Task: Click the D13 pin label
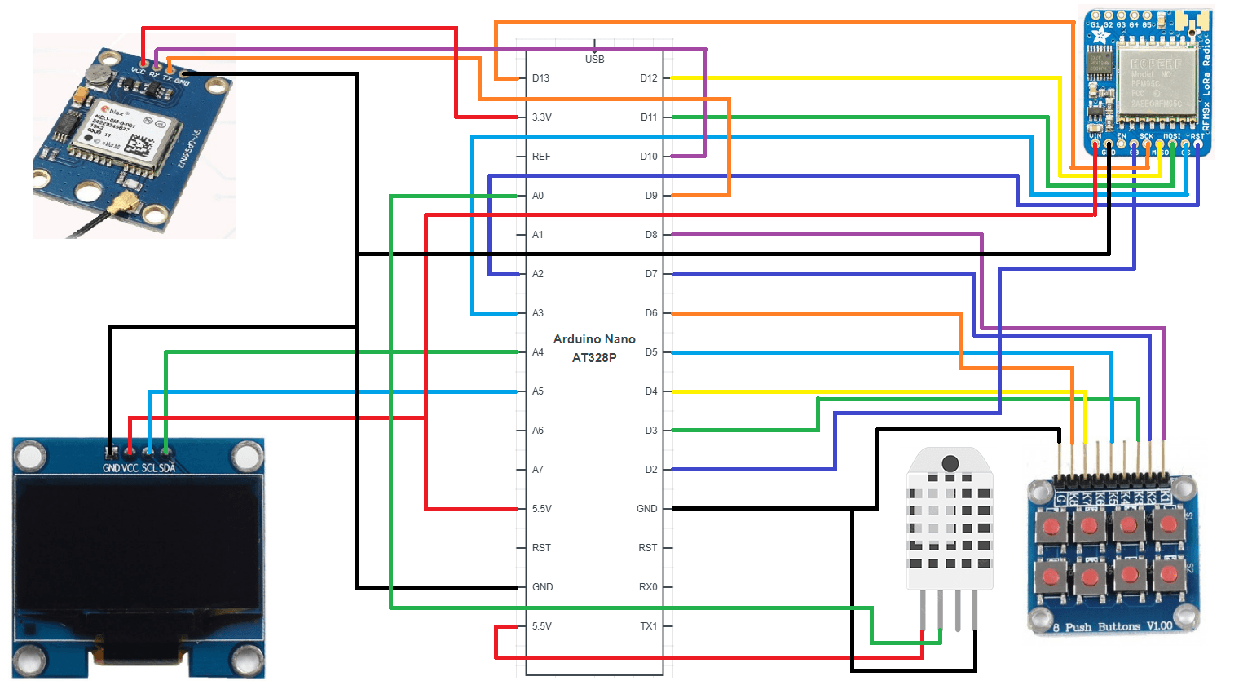(540, 78)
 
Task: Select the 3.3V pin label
(541, 117)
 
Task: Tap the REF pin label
(541, 157)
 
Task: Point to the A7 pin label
(538, 470)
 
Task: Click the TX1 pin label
(648, 626)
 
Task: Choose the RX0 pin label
(648, 587)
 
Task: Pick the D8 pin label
(650, 235)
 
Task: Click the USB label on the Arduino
(594, 60)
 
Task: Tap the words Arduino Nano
(594, 339)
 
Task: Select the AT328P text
(594, 358)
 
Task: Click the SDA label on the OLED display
(167, 468)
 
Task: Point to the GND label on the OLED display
(111, 468)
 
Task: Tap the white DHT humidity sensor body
(950, 522)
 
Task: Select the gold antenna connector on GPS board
(127, 204)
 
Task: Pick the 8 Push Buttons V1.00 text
(1112, 627)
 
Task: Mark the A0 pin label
(538, 196)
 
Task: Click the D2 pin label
(650, 470)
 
